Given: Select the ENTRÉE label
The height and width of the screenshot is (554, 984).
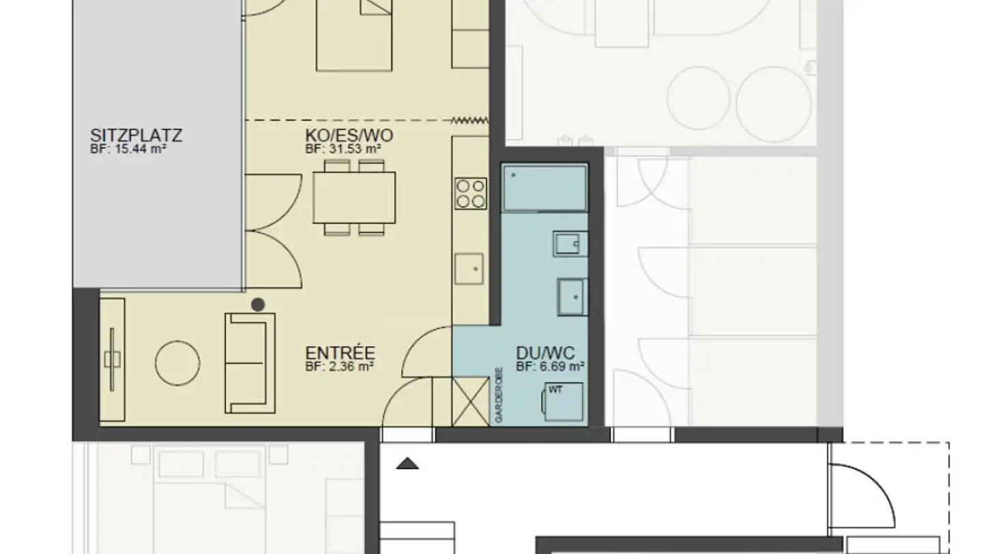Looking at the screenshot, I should point(340,354).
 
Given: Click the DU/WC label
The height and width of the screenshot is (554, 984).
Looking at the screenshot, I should point(545,354).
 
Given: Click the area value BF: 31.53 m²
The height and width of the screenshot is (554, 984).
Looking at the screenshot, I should point(342,148).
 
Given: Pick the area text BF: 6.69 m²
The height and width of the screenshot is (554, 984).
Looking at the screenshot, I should point(549,367).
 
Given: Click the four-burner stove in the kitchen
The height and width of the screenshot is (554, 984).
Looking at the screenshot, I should point(471,193).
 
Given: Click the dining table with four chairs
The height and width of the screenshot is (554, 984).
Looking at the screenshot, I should point(354,197).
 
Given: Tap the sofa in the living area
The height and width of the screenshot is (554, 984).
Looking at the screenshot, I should point(249,362).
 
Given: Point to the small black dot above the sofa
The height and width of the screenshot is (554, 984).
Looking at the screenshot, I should point(258,305).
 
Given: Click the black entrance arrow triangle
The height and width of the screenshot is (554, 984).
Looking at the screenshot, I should point(408,464).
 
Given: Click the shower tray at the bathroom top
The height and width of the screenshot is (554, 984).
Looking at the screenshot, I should point(544,188).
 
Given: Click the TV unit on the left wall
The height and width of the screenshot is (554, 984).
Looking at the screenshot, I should point(112,358).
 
